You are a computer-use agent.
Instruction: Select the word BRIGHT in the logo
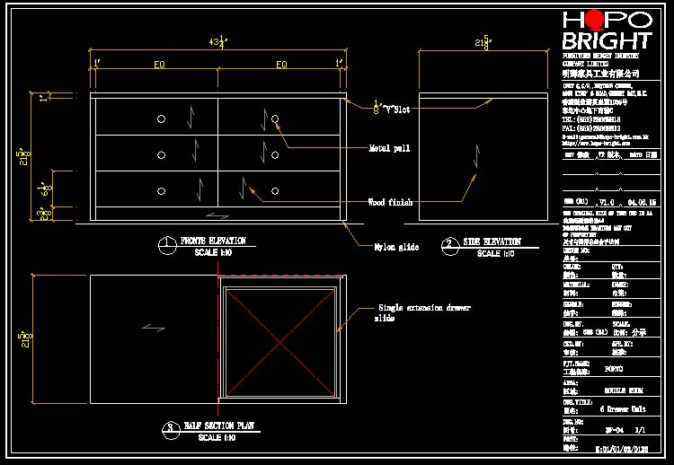point(606,40)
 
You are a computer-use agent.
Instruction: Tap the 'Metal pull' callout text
point(389,148)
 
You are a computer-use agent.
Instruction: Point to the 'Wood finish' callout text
point(390,203)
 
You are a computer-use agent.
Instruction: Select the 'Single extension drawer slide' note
point(422,313)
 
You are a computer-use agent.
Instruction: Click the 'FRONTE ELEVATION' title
point(212,241)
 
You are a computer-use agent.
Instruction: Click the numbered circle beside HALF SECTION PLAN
point(169,428)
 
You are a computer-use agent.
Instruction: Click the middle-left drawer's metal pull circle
point(160,155)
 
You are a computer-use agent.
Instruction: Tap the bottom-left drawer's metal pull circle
point(160,190)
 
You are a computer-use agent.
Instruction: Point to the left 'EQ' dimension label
point(159,65)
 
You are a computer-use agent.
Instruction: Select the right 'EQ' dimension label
point(281,65)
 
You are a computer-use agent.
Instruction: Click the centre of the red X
point(279,339)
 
